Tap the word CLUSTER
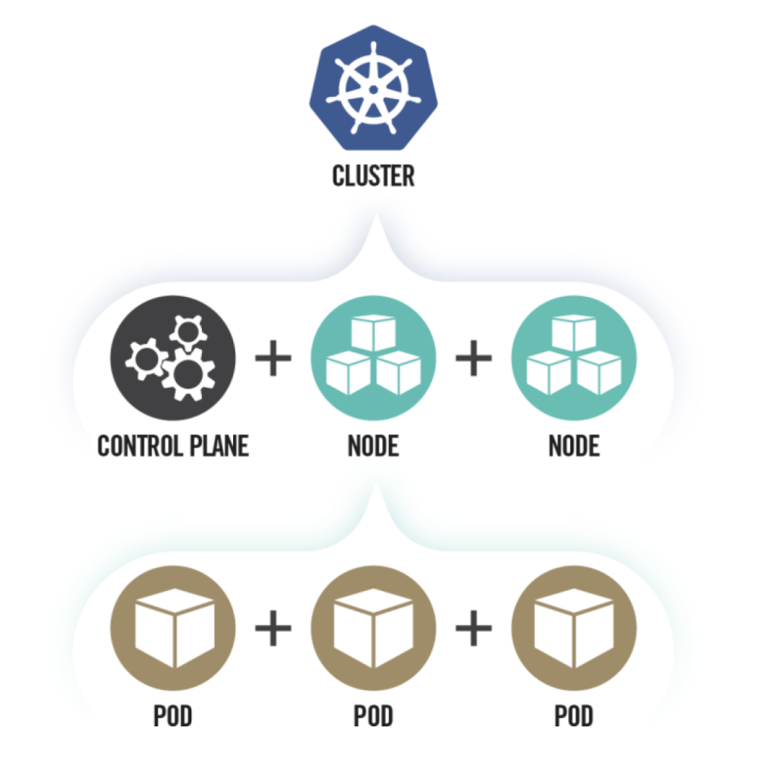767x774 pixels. coord(373,176)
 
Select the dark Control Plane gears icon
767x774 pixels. coord(173,358)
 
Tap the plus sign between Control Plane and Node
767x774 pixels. coord(273,358)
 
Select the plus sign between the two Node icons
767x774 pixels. coord(474,358)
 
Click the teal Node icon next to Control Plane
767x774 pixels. coord(373,358)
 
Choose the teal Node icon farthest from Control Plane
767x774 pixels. coord(574,358)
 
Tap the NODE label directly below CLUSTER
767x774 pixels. coord(373,445)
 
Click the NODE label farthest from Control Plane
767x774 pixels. coord(574,445)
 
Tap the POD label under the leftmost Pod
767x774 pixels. coord(173,715)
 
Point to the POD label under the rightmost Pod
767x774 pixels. coord(574,715)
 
